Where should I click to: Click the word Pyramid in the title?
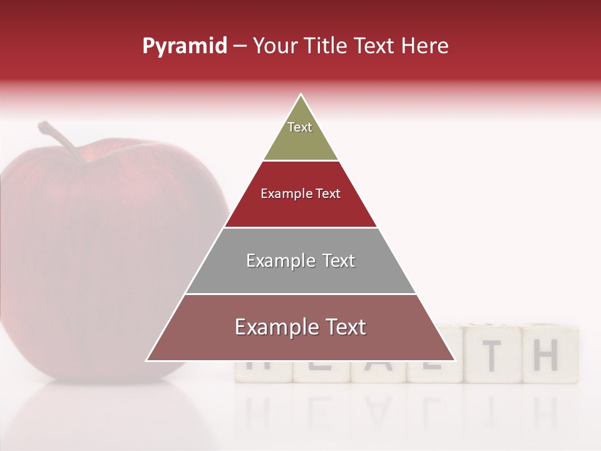click(x=185, y=46)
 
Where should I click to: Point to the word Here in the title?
click(x=424, y=46)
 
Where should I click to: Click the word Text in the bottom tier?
click(x=345, y=327)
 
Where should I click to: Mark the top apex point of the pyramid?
click(x=300, y=95)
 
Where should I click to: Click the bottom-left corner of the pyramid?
click(x=147, y=360)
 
